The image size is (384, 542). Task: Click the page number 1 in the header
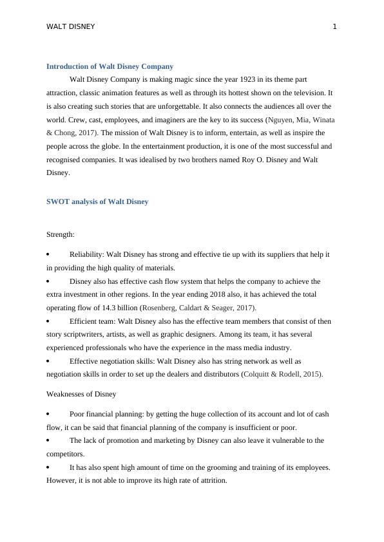click(x=334, y=26)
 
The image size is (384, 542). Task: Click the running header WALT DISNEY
click(x=71, y=26)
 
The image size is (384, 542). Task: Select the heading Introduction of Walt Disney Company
click(x=110, y=66)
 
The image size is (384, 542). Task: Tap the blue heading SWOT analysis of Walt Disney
click(x=97, y=201)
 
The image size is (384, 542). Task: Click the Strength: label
click(x=61, y=235)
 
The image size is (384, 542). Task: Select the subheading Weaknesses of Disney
click(x=81, y=393)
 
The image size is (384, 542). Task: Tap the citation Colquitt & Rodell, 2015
click(x=282, y=374)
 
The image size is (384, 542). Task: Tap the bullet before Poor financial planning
click(x=48, y=414)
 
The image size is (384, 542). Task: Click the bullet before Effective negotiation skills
click(x=48, y=361)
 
